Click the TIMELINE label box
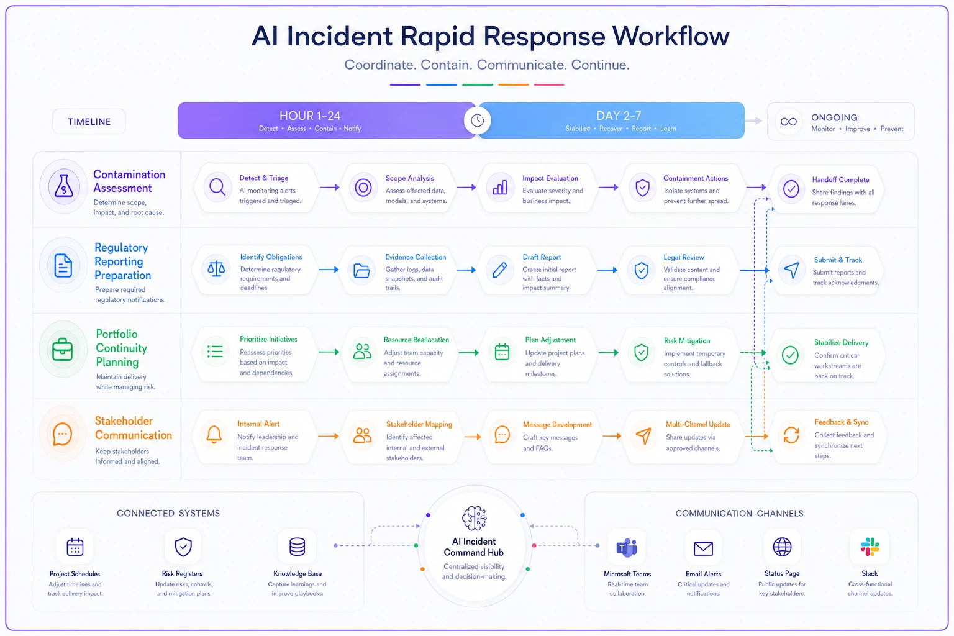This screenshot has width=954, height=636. click(x=89, y=121)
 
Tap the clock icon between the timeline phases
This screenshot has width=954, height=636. click(x=477, y=120)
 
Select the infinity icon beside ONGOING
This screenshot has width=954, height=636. click(x=788, y=122)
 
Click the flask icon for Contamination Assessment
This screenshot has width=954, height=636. click(x=63, y=186)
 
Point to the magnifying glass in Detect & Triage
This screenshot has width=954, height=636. click(x=217, y=187)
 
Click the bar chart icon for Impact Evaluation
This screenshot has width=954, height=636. click(x=500, y=187)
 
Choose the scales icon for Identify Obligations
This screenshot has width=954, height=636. click(x=216, y=269)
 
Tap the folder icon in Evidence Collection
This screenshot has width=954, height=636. click(x=361, y=270)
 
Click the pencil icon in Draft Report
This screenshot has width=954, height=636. click(x=499, y=270)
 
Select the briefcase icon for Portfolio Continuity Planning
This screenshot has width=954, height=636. click(x=63, y=349)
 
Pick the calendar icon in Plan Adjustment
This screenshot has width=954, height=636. click(x=502, y=352)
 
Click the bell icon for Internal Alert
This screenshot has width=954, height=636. click(x=214, y=435)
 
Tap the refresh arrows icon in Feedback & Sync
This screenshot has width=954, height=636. click(x=791, y=435)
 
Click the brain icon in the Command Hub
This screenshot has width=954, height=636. click(x=474, y=518)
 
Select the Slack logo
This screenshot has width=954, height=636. click(x=870, y=547)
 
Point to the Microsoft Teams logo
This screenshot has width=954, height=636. click(x=627, y=547)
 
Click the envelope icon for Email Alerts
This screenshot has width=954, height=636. click(x=703, y=548)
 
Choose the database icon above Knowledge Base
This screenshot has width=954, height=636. click(x=297, y=547)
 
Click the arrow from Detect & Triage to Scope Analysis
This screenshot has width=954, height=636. click(x=330, y=187)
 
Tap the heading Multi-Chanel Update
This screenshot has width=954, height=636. click(x=697, y=424)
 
